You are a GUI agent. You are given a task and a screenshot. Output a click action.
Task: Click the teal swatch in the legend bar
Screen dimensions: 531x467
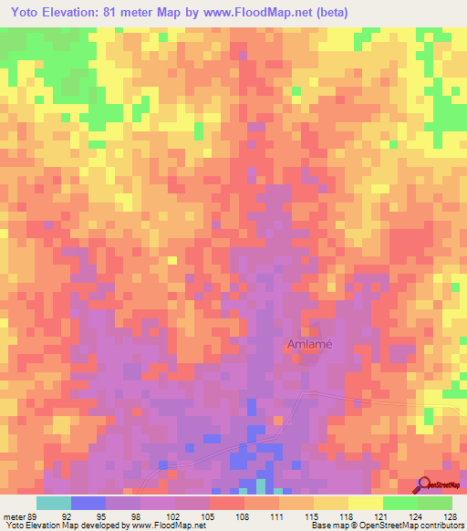coord(54,503)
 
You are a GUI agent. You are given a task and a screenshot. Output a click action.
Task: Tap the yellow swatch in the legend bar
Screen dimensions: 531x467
coord(366,503)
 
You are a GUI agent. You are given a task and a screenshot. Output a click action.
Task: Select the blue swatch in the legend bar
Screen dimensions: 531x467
coord(88,503)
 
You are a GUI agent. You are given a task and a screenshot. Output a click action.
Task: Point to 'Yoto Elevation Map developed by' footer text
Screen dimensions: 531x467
coord(64,526)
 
